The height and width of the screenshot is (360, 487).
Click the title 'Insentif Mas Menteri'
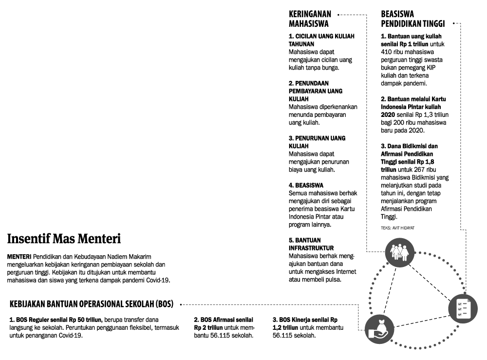[x=64, y=239]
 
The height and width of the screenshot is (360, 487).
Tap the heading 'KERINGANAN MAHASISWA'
[x=310, y=19]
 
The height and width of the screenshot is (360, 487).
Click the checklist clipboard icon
[x=460, y=307]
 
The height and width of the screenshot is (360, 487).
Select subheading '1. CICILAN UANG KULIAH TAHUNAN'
[x=321, y=40]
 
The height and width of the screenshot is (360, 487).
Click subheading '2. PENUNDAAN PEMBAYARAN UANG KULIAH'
[x=316, y=91]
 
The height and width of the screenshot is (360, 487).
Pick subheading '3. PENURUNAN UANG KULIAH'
[x=317, y=142]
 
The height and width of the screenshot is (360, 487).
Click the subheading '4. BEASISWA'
[x=306, y=186]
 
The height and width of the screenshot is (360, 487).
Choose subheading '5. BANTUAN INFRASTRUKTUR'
[x=311, y=244]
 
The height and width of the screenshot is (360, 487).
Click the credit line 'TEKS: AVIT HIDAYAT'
[x=397, y=228]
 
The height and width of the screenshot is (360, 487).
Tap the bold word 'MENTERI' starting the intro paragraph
[x=19, y=257]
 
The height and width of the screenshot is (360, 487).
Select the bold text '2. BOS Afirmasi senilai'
[x=224, y=320]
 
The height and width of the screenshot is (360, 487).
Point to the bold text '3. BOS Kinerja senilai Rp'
[x=305, y=320]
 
